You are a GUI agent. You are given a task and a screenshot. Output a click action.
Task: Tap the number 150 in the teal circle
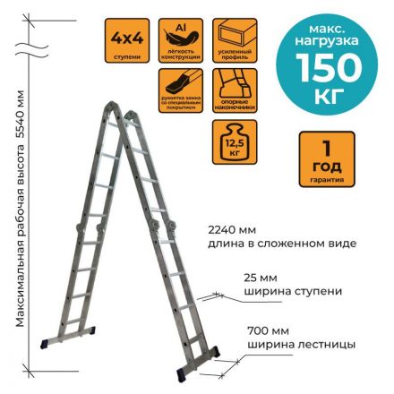click(329, 68)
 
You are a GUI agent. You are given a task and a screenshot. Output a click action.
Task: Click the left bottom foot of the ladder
click(50, 343)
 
